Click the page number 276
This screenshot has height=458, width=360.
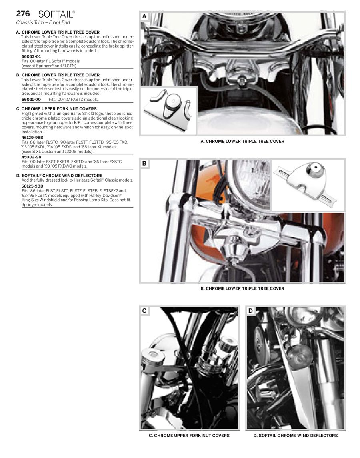pyautogui.click(x=23, y=14)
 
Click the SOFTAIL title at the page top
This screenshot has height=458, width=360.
pyautogui.click(x=56, y=14)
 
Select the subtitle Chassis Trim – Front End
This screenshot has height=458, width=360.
pyautogui.click(x=43, y=23)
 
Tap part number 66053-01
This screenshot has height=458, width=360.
pyautogui.click(x=31, y=56)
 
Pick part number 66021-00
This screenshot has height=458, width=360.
pyautogui.click(x=31, y=99)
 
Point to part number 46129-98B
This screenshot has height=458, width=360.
pyautogui.click(x=32, y=137)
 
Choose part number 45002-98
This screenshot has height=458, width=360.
pyautogui.click(x=31, y=157)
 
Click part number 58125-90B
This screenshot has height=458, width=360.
pyautogui.click(x=32, y=186)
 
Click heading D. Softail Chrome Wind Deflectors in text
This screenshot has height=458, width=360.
pyautogui.click(x=62, y=176)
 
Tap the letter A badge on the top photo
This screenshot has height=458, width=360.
pyautogui.click(x=144, y=16)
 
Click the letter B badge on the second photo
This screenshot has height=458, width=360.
pyautogui.click(x=144, y=163)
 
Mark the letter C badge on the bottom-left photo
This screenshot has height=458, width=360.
pyautogui.click(x=144, y=310)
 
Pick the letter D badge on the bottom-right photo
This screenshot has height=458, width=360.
pyautogui.click(x=250, y=310)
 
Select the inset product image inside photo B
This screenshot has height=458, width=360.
pyautogui.click(x=308, y=184)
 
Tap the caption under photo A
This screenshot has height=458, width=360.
pyautogui.click(x=242, y=141)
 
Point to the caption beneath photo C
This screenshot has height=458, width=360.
pyautogui.click(x=189, y=436)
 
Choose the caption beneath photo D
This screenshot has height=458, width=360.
pyautogui.click(x=296, y=436)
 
